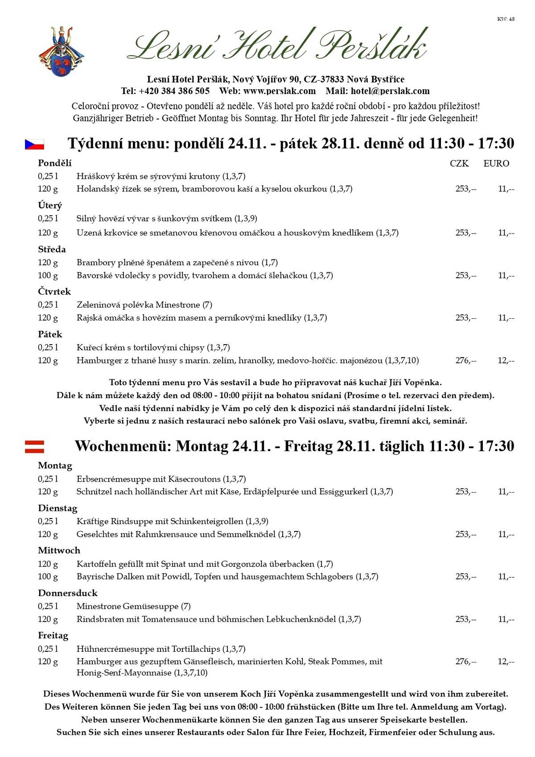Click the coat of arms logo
[61, 51]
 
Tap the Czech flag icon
[34, 144]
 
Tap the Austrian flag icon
[34, 446]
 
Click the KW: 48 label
[506, 19]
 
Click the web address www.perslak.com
[280, 91]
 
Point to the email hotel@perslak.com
[390, 91]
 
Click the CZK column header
[459, 164]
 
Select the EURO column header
[496, 164]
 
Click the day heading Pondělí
[54, 163]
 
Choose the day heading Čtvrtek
[54, 292]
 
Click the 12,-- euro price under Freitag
[506, 662]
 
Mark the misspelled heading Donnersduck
[68, 593]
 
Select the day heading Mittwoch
[59, 551]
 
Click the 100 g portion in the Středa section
[48, 276]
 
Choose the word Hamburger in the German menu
[96, 662]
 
